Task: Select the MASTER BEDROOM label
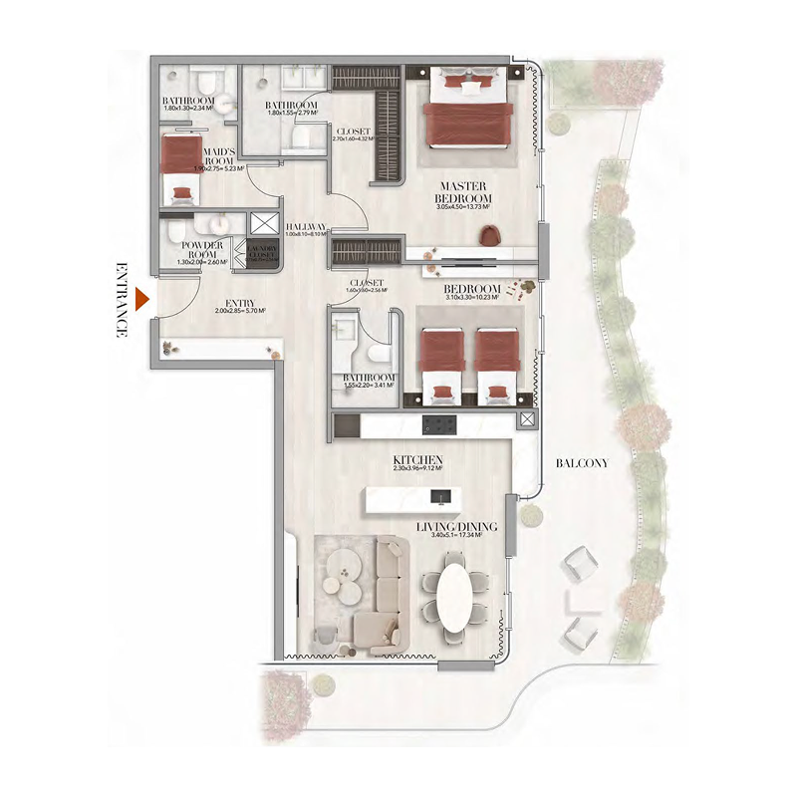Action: click(x=465, y=191)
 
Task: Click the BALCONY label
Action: click(x=583, y=463)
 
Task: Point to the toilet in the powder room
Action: click(x=177, y=234)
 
